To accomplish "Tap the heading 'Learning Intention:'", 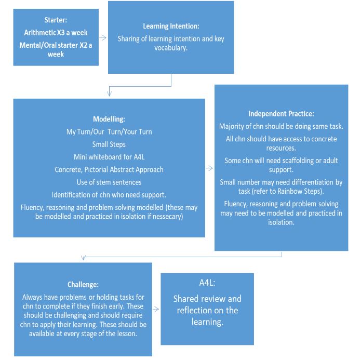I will (x=170, y=26).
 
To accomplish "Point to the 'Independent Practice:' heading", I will (x=281, y=113).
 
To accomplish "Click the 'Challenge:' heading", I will (x=83, y=285).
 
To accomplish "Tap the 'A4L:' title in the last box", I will (x=207, y=283).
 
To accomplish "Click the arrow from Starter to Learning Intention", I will (x=103, y=38).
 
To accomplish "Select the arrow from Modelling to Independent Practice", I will (x=210, y=168).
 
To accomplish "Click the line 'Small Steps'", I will (x=109, y=144).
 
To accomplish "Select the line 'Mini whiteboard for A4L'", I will (x=109, y=157).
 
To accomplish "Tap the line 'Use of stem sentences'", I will (x=109, y=182).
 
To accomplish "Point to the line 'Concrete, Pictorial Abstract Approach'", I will (x=109, y=169).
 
